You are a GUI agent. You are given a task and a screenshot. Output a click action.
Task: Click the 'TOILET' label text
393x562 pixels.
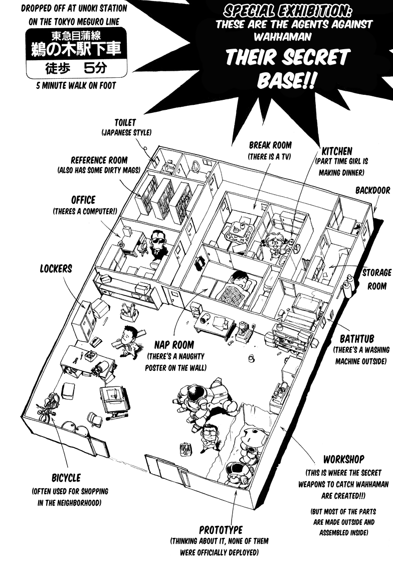pyautogui.click(x=125, y=122)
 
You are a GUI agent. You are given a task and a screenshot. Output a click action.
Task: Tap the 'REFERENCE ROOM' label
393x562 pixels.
pyautogui.click(x=99, y=161)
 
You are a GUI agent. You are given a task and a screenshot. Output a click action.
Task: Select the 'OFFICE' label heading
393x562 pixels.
pyautogui.click(x=83, y=200)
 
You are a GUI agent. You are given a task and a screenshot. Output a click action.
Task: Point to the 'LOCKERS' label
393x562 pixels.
pyautogui.click(x=56, y=268)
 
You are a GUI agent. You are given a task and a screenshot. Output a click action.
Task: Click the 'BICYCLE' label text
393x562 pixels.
pyautogui.click(x=66, y=478)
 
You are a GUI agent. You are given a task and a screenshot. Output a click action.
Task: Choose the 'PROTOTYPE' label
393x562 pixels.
pyautogui.click(x=221, y=530)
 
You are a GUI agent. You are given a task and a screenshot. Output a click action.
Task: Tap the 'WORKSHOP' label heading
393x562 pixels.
pyautogui.click(x=343, y=459)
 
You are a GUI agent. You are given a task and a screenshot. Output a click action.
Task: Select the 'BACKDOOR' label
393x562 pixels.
pyautogui.click(x=372, y=191)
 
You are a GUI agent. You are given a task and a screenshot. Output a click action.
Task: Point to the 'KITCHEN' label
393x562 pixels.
pyautogui.click(x=337, y=151)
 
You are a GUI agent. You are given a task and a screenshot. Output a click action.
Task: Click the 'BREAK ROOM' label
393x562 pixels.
pyautogui.click(x=270, y=146)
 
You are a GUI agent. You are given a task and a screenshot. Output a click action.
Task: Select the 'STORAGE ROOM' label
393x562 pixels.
pyautogui.click(x=376, y=279)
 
